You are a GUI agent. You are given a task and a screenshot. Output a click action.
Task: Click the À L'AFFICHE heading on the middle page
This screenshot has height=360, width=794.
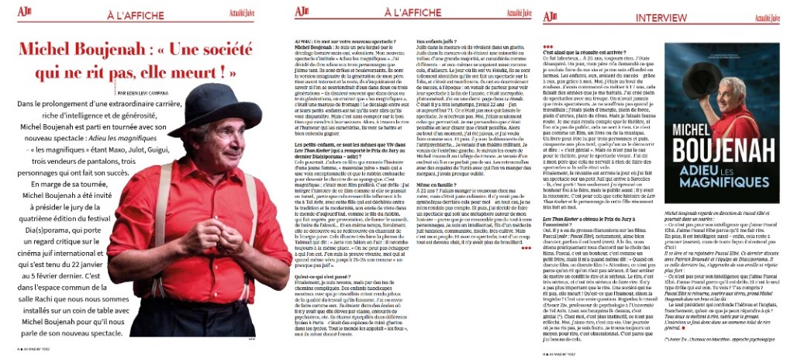click(392, 14)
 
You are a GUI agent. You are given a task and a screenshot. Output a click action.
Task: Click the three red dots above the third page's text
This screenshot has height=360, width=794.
click(549, 44)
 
